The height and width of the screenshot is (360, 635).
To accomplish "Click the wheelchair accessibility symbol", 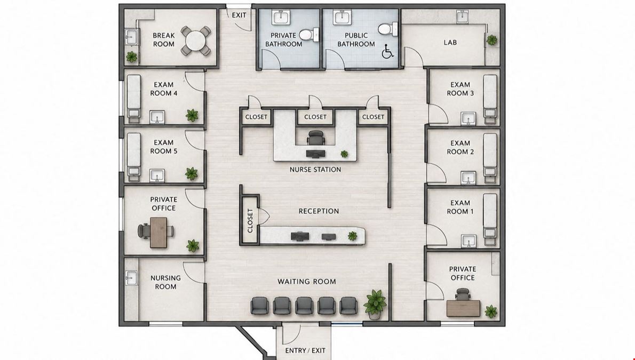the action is pyautogui.click(x=387, y=51).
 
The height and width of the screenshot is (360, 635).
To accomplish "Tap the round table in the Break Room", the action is pyautogui.click(x=196, y=41).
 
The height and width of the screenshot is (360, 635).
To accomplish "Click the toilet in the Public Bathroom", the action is pyautogui.click(x=388, y=29).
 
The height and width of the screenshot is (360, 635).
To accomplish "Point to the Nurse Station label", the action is pyautogui.click(x=315, y=170).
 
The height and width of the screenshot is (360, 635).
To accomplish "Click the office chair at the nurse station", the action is pyautogui.click(x=315, y=137).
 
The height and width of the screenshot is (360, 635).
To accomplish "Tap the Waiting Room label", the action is pyautogui.click(x=307, y=282).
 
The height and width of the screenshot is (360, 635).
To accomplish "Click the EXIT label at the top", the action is pyautogui.click(x=239, y=15).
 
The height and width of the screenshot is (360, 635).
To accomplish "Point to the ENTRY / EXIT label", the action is pyautogui.click(x=305, y=351).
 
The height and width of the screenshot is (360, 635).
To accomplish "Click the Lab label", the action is pyautogui.click(x=450, y=42).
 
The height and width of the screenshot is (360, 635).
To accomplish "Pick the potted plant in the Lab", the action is pyautogui.click(x=492, y=39).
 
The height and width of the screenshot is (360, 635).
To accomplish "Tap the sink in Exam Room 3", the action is pyautogui.click(x=468, y=118).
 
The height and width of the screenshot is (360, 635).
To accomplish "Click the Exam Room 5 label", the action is pyautogui.click(x=164, y=147).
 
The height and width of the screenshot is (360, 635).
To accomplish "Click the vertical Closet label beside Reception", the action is pyautogui.click(x=250, y=221).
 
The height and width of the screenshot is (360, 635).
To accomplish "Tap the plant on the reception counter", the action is pyautogui.click(x=352, y=236).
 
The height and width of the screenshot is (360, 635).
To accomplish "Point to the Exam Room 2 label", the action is pyautogui.click(x=460, y=147).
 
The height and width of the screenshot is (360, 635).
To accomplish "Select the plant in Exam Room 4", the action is pyautogui.click(x=192, y=115).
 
